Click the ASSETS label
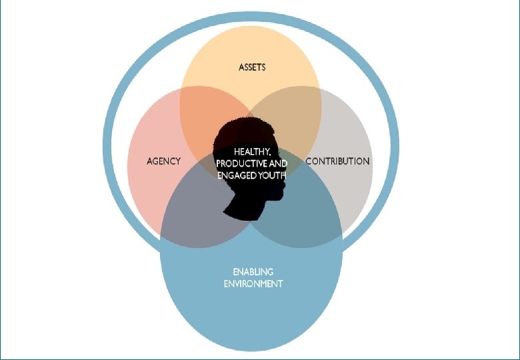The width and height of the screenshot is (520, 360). (x=252, y=67)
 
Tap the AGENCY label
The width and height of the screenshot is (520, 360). (x=163, y=161)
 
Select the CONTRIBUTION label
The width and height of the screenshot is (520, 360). (x=337, y=161)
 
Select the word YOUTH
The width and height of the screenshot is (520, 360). (x=271, y=175)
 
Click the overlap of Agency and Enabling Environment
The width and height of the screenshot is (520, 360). (x=193, y=213)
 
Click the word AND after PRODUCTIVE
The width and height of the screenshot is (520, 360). (x=279, y=163)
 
